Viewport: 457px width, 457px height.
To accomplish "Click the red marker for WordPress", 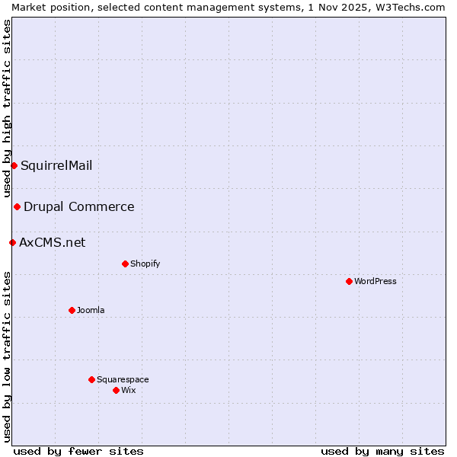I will tap(349, 281).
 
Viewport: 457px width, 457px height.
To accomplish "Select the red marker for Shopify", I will tap(125, 264).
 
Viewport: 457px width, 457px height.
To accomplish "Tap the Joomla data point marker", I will tap(72, 310).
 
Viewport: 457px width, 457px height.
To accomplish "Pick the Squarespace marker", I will tap(91, 379).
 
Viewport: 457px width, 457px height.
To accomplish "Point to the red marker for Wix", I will tap(116, 390).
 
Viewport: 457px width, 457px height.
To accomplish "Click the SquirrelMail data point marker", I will tap(14, 165).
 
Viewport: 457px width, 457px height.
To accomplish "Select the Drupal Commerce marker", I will tap(17, 206).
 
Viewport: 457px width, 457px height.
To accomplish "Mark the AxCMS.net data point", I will tap(12, 242).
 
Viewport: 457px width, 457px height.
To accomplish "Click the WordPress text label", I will tap(376, 281).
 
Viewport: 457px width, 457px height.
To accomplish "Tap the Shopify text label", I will tap(145, 264).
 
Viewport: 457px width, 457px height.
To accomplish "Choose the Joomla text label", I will tap(91, 310).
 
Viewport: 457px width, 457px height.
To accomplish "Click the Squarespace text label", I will tap(123, 379).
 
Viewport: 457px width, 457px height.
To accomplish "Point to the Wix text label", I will tap(129, 390).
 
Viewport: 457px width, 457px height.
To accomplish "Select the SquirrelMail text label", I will tap(56, 165).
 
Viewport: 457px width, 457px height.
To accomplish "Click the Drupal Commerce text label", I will tap(79, 206).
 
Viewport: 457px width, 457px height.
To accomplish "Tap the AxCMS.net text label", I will tap(53, 242).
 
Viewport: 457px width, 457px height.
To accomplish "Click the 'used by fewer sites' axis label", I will tap(78, 451).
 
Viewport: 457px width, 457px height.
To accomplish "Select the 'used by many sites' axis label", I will tap(382, 451).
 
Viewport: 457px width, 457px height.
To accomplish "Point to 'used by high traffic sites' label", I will tap(7, 109).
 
